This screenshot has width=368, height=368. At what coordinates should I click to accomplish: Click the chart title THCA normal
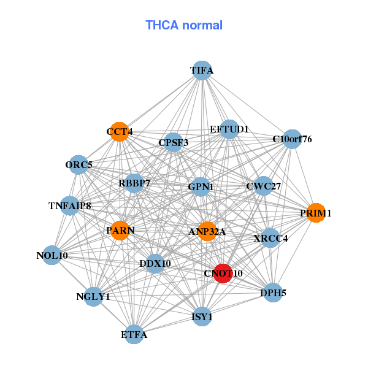click(x=184, y=25)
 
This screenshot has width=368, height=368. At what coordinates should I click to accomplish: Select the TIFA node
click(x=202, y=71)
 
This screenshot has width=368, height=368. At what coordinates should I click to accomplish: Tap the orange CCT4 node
click(x=120, y=132)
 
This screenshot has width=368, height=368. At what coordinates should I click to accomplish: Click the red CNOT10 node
click(x=222, y=273)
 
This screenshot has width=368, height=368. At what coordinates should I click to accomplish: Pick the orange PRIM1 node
click(x=315, y=213)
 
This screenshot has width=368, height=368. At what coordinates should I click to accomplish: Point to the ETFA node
click(x=134, y=334)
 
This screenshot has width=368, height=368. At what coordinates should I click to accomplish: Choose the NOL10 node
click(x=52, y=255)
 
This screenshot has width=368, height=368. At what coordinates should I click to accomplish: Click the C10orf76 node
click(x=292, y=139)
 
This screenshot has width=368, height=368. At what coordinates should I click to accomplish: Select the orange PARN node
click(x=120, y=230)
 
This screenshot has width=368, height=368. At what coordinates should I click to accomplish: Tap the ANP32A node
click(x=207, y=231)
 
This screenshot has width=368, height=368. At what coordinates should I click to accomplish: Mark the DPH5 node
click(x=273, y=293)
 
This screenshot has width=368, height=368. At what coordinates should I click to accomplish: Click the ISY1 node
click(x=202, y=316)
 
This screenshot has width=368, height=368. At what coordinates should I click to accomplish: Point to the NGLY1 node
click(x=93, y=297)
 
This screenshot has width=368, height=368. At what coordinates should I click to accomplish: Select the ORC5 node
click(x=79, y=164)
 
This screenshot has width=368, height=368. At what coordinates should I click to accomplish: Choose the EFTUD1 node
click(x=229, y=129)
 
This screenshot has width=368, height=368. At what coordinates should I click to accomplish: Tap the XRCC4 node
click(x=270, y=237)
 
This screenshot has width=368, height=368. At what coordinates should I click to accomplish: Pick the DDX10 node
click(x=155, y=264)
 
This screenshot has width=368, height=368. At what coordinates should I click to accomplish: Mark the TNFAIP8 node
click(x=70, y=205)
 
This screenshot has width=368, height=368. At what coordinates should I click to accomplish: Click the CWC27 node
click(x=263, y=186)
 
